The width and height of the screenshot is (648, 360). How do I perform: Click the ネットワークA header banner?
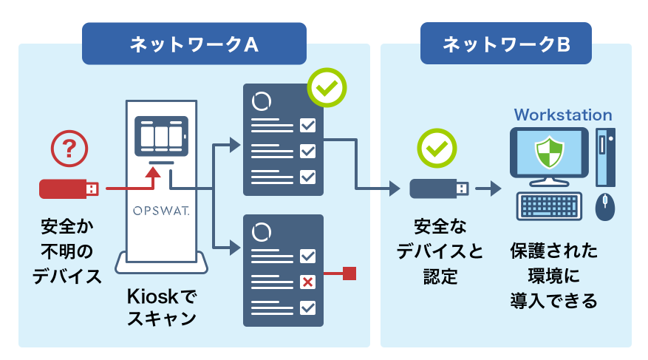pyautogui.click(x=194, y=44)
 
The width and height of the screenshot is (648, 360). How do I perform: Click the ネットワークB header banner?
pyautogui.click(x=505, y=44)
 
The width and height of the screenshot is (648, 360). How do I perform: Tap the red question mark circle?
pyautogui.click(x=67, y=149)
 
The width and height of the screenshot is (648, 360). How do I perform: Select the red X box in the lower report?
pyautogui.click(x=307, y=282)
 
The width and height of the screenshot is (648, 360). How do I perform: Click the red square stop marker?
pyautogui.click(x=350, y=274)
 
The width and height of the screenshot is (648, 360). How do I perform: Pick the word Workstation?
pyautogui.click(x=563, y=115)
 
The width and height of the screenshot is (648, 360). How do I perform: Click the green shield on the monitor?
pyautogui.click(x=549, y=152)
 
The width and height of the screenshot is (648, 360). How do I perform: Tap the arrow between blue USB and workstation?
pyautogui.click(x=488, y=189)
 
